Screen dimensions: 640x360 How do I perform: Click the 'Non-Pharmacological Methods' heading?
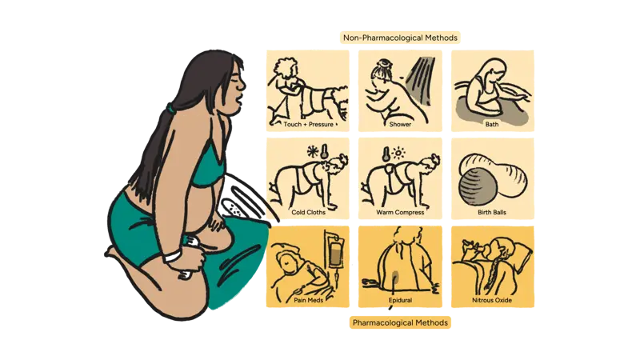400,38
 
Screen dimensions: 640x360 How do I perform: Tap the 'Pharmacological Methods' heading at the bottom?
400,322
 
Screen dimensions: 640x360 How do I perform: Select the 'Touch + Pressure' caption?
308,124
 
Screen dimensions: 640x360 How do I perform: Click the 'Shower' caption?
400,124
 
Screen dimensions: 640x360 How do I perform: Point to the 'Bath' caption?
492,124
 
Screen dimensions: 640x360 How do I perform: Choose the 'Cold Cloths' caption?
308,212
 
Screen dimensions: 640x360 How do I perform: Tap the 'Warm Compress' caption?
400,212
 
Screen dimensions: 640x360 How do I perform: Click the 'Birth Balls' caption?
492,212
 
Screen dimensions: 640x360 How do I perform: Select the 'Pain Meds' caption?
308,300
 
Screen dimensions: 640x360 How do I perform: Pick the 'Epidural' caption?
400,300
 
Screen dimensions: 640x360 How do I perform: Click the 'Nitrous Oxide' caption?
492,300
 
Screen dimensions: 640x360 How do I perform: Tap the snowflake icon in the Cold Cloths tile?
313,152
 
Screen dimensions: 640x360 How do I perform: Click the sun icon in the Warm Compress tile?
398,154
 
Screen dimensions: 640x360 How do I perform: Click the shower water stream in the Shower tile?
421,79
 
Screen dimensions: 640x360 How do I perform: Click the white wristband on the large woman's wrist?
172,256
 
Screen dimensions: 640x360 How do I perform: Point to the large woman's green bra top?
207,166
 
